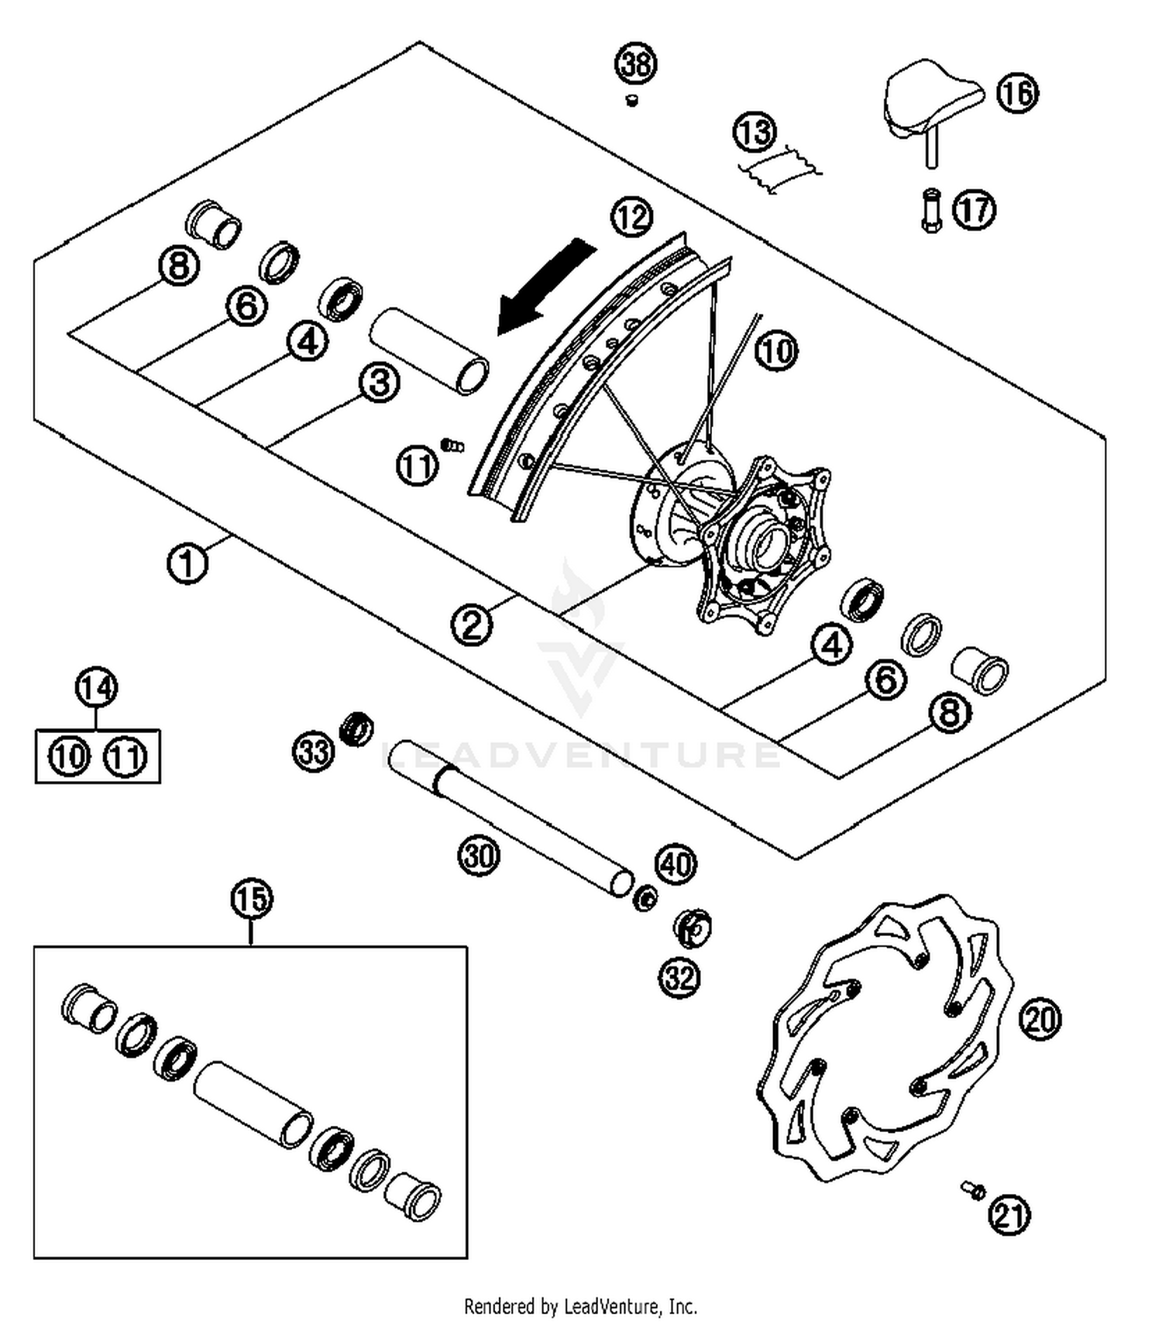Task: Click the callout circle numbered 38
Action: pos(636,64)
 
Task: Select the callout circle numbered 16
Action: pos(1017,93)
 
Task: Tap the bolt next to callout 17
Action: pos(931,210)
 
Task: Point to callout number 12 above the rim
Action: pos(632,218)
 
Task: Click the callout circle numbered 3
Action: pos(380,382)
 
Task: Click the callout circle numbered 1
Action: pos(187,563)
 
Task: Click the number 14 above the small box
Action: pos(97,688)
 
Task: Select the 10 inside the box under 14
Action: pos(70,755)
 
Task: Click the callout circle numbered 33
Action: pos(314,751)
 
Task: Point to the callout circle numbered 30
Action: pos(479,856)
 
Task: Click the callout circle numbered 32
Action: pos(679,978)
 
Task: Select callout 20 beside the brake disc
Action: pos(1040,1019)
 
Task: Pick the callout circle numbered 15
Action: pos(252,900)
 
